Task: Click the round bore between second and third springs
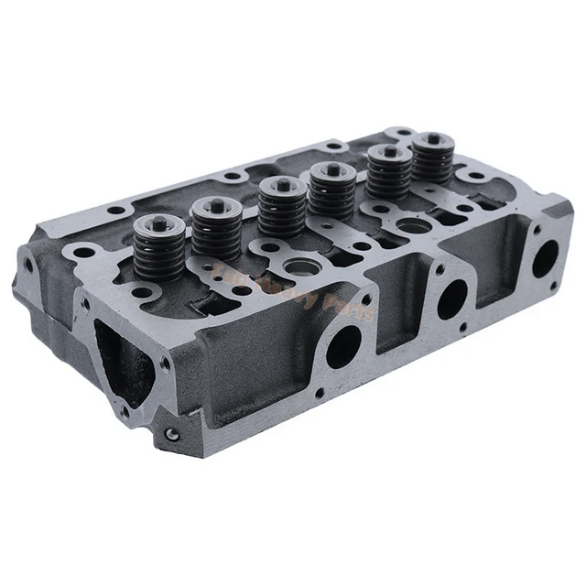pos(298,266)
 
